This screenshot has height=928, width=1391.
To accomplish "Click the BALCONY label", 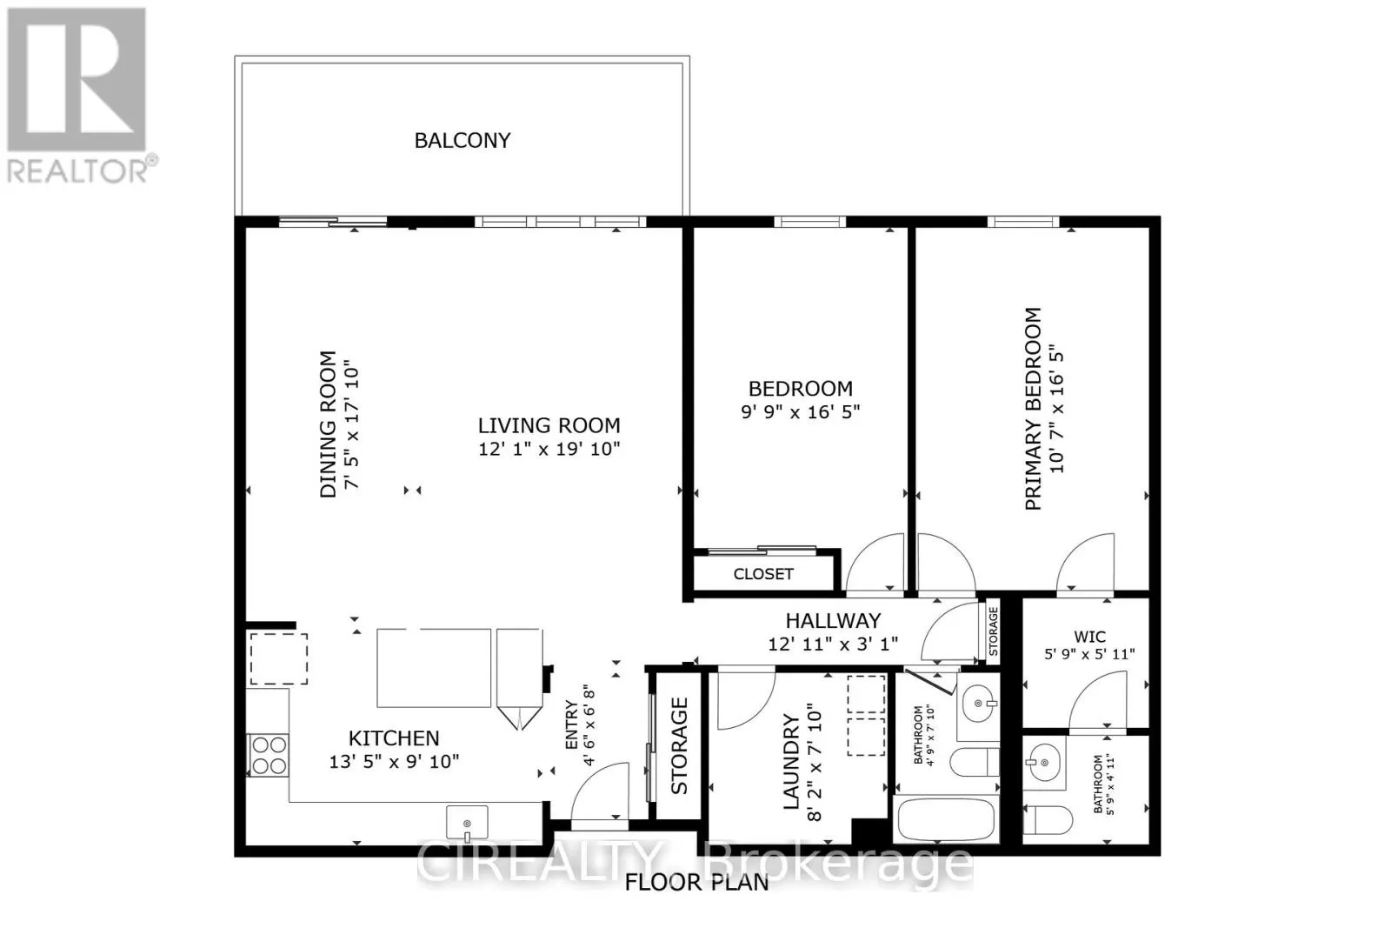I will (462, 140).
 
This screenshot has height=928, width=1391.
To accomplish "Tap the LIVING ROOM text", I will (549, 425).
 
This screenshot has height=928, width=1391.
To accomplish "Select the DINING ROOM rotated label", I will (328, 424).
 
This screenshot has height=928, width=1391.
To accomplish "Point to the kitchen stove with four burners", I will (269, 755).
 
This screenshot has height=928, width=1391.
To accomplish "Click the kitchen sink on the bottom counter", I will (467, 823).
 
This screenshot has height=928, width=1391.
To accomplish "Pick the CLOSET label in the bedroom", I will (763, 574).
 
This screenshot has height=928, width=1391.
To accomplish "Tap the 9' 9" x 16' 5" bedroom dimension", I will (800, 411).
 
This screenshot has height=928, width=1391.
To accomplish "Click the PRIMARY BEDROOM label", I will (1033, 409).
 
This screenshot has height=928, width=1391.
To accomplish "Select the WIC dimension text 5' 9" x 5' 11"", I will (1089, 654).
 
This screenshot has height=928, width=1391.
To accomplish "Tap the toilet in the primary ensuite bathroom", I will (1048, 819).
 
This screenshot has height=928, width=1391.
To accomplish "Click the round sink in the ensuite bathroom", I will (1042, 763).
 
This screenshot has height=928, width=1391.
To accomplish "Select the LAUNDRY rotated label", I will (791, 762).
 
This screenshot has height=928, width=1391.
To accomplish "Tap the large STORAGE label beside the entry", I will (679, 746).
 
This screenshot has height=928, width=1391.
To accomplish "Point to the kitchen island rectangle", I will (434, 668).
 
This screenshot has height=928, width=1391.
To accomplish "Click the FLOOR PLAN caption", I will (696, 883).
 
